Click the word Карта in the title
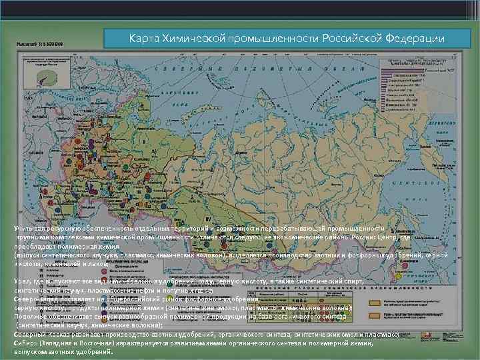click(x=144, y=38)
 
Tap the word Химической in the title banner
click(x=197, y=38)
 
